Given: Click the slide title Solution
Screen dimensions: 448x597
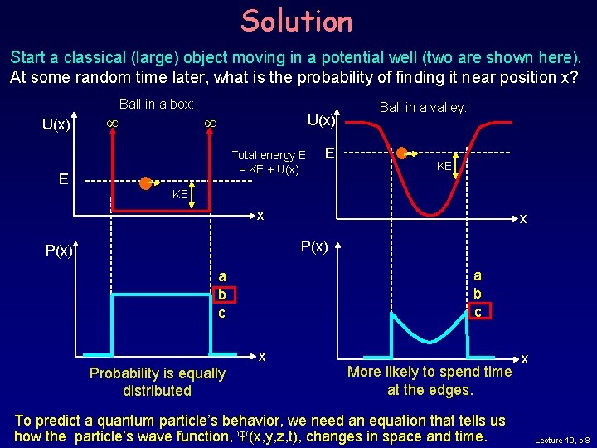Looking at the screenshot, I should [297, 22].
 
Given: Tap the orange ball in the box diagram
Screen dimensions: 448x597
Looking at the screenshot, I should [146, 183].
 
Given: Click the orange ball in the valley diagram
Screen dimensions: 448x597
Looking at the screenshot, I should [403, 153].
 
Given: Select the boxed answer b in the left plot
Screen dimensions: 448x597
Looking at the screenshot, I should [222, 295].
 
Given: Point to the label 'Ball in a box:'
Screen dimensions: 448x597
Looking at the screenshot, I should [157, 104].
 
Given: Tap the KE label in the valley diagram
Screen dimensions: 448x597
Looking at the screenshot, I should [445, 166].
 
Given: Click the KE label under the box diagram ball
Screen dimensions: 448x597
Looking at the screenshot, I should [180, 194].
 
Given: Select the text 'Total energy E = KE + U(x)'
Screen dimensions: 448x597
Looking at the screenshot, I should [269, 162].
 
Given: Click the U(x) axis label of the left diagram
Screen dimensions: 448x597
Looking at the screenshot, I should [58, 124].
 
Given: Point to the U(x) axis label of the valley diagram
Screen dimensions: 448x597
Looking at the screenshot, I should [321, 120].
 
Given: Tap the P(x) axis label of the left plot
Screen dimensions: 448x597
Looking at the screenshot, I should [60, 250].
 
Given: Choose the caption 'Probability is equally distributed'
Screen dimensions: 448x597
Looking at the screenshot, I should [157, 382].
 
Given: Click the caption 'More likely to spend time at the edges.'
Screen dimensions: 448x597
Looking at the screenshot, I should [430, 380].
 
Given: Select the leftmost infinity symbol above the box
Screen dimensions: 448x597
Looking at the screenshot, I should [107, 124].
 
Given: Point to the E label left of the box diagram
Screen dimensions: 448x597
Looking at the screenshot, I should [63, 177].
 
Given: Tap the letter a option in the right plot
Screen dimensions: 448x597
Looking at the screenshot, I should [477, 276].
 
